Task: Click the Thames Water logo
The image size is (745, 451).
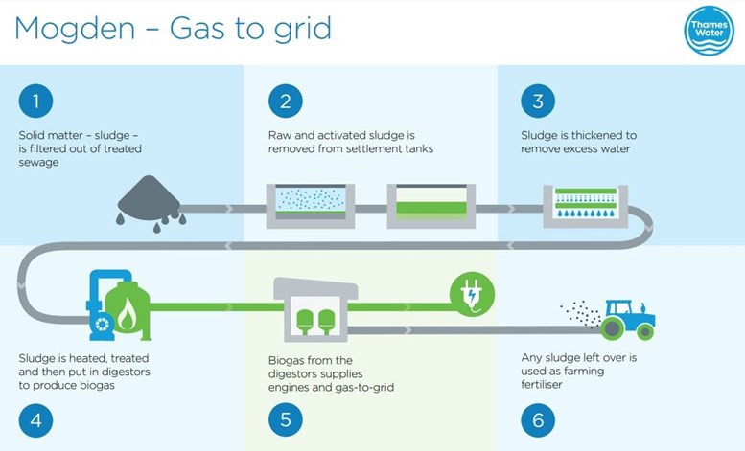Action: [709, 31]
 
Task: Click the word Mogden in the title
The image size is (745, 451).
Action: [75, 29]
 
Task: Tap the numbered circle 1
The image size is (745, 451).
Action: [35, 101]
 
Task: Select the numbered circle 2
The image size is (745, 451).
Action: [286, 101]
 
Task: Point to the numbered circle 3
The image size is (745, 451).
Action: [538, 101]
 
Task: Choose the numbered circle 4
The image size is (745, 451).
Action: [35, 420]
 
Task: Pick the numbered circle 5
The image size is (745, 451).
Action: [286, 420]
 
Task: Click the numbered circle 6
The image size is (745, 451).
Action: [538, 420]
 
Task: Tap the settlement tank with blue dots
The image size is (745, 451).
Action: [311, 206]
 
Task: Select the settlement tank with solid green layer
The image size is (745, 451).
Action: [431, 206]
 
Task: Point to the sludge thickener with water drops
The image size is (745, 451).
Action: [585, 206]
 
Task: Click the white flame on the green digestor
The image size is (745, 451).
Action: [127, 316]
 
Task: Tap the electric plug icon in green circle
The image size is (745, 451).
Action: [473, 294]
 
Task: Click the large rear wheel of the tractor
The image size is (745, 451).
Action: [613, 327]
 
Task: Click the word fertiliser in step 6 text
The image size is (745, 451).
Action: [542, 385]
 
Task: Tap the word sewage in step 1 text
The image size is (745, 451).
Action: [39, 163]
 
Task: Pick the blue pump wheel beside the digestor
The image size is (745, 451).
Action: [103, 325]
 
